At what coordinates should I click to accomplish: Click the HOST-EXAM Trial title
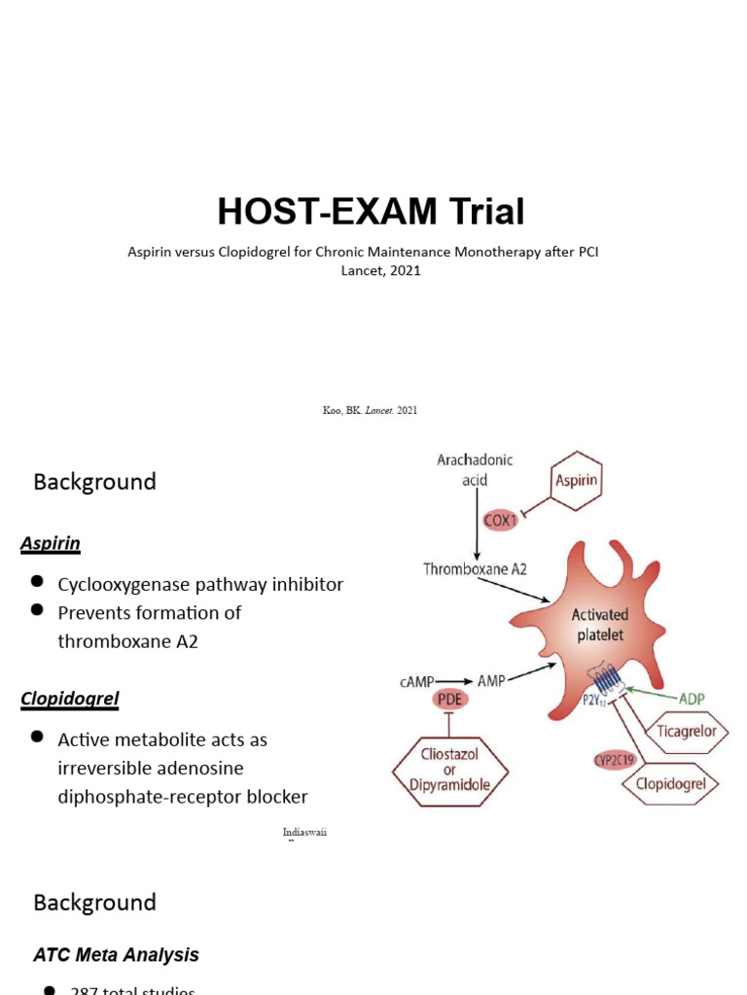371,211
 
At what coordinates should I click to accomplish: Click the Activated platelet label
600,626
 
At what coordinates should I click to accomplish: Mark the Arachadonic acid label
476,469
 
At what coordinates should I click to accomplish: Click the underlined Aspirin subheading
51,544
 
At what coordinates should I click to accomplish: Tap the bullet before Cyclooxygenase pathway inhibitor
37,581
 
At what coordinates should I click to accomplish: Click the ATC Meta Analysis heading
116,955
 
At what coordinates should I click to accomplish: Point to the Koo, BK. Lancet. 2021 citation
370,411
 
